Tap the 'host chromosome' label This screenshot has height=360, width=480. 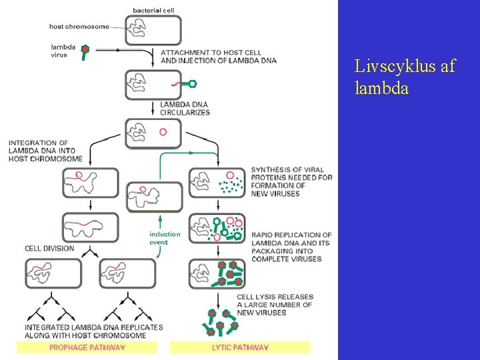point(79,27)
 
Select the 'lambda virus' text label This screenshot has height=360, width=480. point(63,51)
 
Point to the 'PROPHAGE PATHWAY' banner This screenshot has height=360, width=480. point(87,347)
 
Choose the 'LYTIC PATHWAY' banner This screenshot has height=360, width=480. point(240,347)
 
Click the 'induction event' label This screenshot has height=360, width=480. point(164,238)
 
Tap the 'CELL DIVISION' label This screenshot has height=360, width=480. point(50,248)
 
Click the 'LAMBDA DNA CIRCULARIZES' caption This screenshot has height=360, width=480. point(185,109)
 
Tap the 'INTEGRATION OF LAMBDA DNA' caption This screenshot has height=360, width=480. point(45,151)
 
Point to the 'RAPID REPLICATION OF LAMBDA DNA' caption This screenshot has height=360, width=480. point(291,247)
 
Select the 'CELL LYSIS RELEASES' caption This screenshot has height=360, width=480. point(274,305)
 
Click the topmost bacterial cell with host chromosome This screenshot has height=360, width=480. point(153,29)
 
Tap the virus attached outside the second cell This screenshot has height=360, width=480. point(192,84)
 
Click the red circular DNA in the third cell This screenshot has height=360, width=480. point(163,131)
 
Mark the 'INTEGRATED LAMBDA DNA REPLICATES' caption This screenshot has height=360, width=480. point(93,331)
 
